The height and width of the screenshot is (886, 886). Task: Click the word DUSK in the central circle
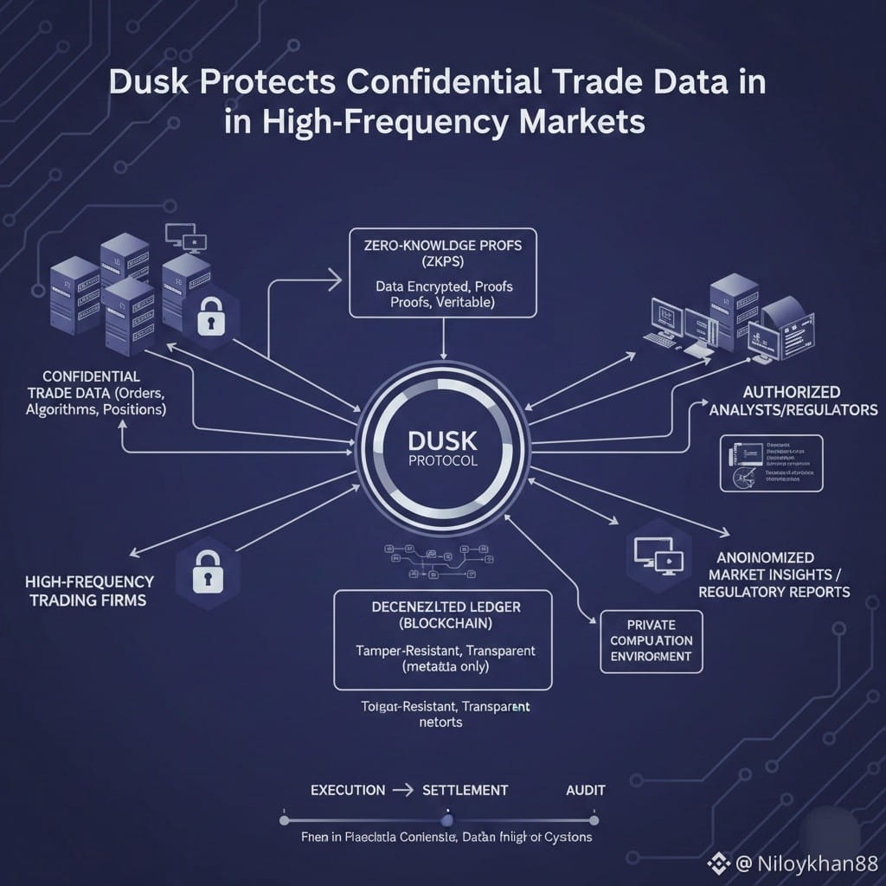(442, 439)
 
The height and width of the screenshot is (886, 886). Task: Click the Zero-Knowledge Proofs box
(443, 273)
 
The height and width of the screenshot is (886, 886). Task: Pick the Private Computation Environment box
(651, 640)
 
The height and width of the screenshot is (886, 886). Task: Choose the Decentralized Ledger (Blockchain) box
(443, 639)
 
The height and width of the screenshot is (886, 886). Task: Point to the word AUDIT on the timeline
(585, 790)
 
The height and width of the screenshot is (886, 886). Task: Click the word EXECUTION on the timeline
(347, 790)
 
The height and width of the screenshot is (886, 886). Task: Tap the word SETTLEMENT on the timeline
(465, 790)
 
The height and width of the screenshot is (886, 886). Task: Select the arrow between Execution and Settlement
(403, 790)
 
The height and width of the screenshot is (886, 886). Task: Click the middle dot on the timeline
(446, 819)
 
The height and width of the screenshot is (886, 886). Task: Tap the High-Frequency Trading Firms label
(89, 590)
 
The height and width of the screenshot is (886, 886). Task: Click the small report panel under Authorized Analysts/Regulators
(771, 464)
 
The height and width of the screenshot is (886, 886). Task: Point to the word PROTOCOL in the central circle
(442, 461)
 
